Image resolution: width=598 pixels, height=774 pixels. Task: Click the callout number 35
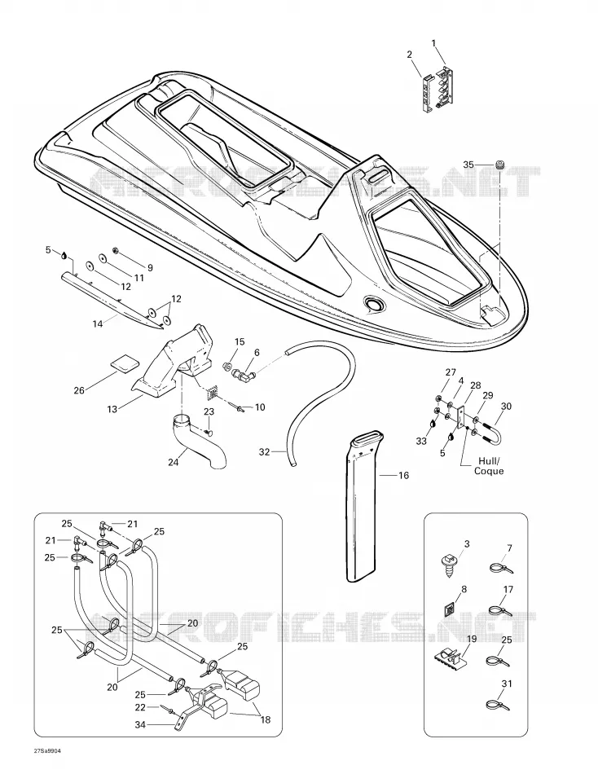pos(468,165)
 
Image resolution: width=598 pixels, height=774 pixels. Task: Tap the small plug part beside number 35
pos(500,165)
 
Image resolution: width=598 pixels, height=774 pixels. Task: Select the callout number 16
pos(403,475)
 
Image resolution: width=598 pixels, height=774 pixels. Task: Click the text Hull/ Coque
pos(489,466)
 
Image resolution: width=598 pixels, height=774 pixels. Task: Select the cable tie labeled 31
pos(499,704)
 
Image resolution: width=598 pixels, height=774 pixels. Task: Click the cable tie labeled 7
pos(501,568)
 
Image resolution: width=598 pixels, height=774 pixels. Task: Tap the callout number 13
pos(112,409)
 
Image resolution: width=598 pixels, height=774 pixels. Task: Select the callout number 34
pos(140,725)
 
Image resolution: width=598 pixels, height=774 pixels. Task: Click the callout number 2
pos(409,55)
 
